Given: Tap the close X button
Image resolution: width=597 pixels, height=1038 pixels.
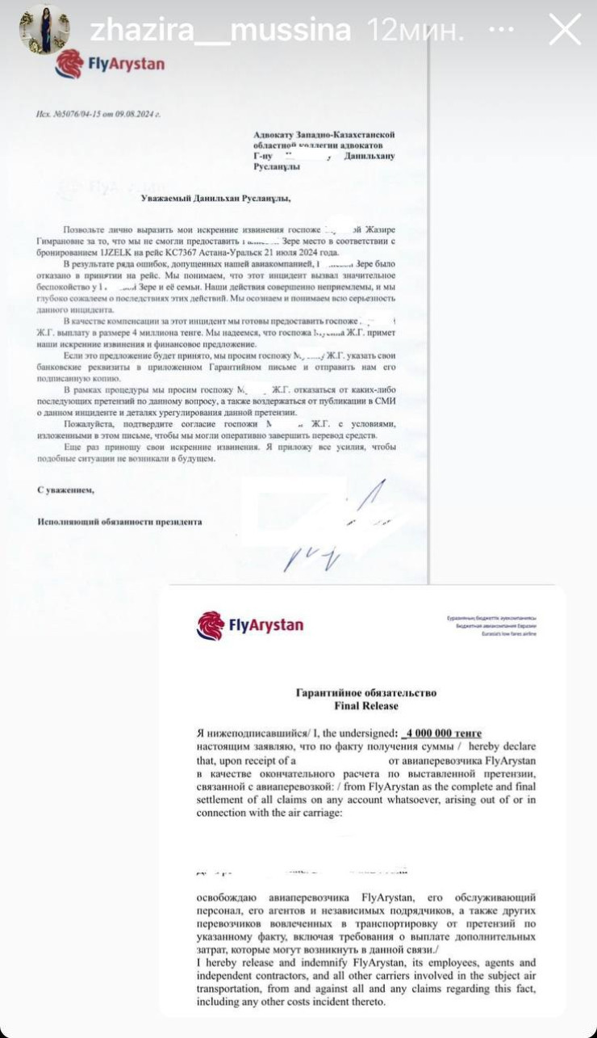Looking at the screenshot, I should coord(564,30).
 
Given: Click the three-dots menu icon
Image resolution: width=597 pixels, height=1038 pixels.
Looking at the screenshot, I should coord(501,30).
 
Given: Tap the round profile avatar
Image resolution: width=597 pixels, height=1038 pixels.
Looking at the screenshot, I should coord(44,30).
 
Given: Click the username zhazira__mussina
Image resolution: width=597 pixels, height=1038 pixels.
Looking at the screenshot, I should coord(219,31).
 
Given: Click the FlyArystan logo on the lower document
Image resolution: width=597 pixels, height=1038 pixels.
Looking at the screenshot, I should coord(250,625).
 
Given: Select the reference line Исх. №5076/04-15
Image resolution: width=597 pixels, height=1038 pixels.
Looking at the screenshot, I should coord(98,114).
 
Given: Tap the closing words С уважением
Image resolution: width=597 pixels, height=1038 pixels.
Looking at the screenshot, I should coord(66,490).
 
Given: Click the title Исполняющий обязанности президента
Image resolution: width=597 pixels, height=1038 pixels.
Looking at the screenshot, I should coord(120,522).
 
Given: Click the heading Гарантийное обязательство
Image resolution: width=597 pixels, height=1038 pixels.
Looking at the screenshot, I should coord(365,693).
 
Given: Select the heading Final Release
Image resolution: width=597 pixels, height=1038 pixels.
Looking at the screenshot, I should coord(365,706).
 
